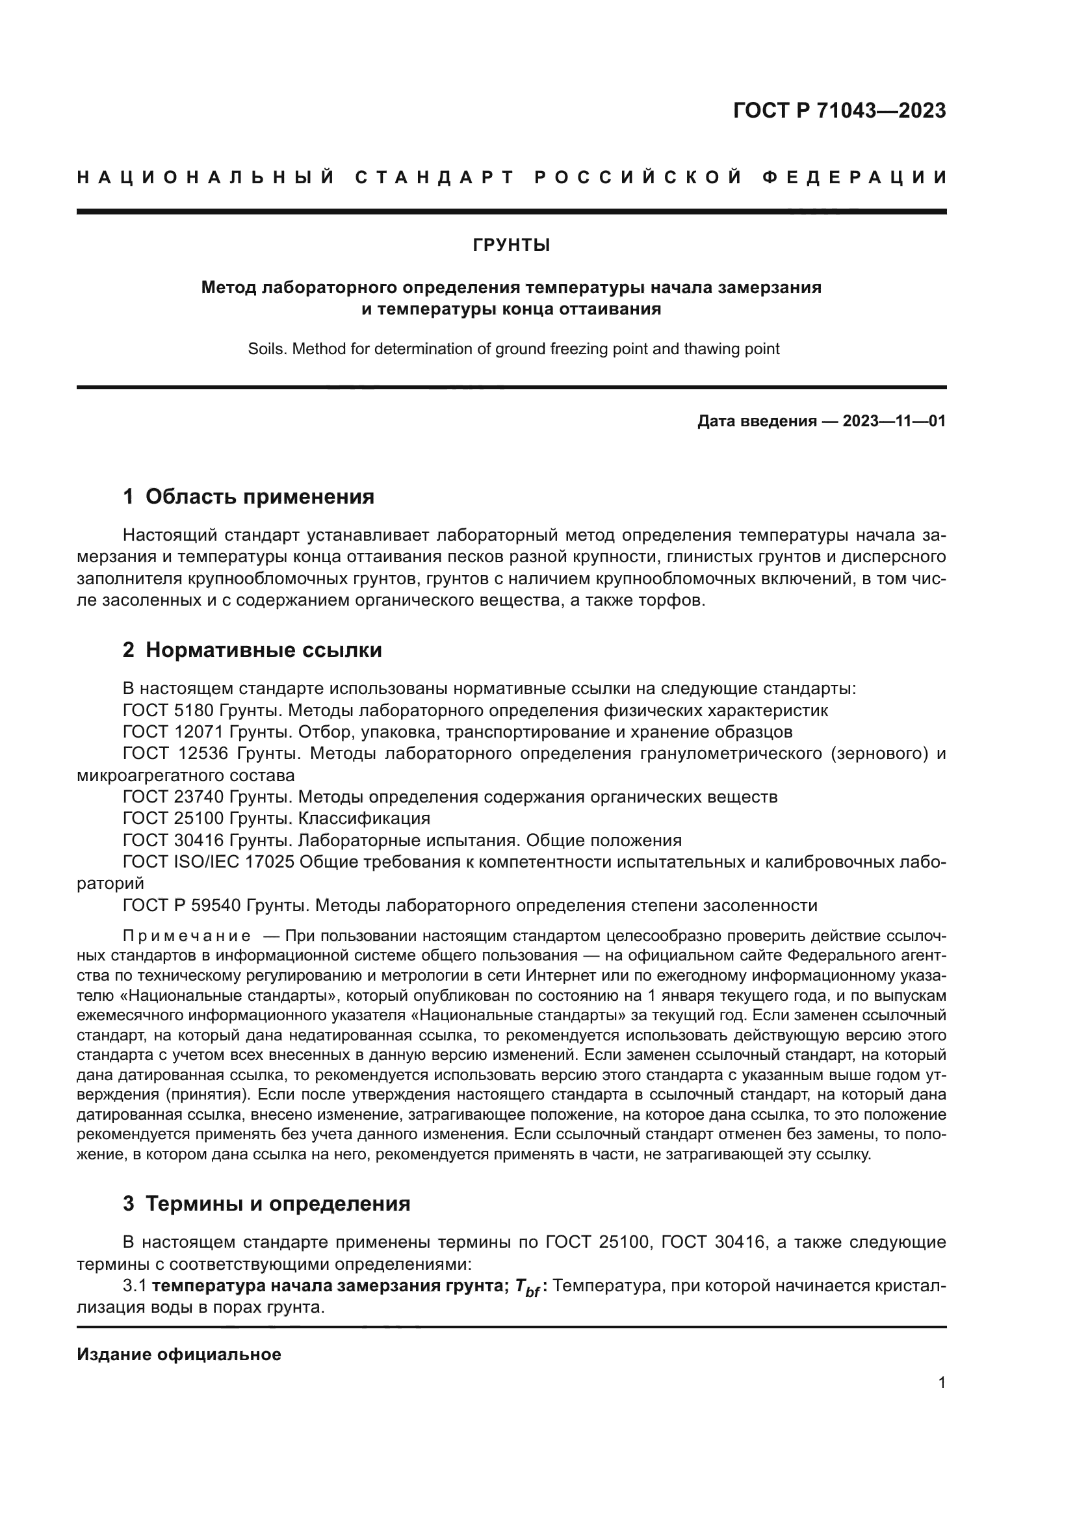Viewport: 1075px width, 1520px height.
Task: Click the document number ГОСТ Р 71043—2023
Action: tap(839, 110)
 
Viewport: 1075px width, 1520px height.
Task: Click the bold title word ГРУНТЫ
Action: tap(511, 246)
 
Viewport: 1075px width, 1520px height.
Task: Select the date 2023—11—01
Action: tap(894, 421)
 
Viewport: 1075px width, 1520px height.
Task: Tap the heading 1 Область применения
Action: tap(248, 496)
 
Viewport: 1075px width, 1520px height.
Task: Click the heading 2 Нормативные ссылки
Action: tap(252, 650)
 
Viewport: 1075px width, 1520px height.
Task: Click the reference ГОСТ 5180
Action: tap(168, 710)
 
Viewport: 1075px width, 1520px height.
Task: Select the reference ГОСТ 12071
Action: tap(174, 732)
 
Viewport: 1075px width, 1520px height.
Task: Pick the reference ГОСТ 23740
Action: tap(174, 797)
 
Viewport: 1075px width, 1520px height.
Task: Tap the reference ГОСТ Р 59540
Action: tap(174, 905)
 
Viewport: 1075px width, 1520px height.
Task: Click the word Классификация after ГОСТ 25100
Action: tap(363, 818)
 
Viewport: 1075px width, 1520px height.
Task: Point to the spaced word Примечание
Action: tap(187, 936)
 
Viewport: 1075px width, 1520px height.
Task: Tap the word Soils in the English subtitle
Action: tap(265, 349)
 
